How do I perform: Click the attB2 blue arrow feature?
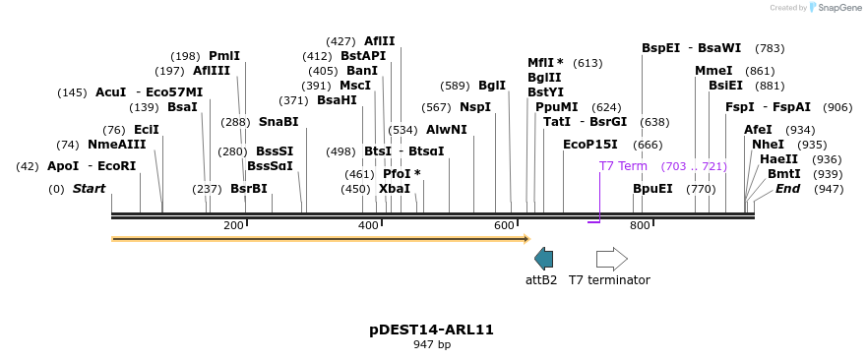(543, 259)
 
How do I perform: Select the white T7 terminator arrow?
(611, 259)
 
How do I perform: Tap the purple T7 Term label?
(623, 166)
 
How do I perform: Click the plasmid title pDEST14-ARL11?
(432, 330)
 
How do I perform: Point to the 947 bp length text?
(432, 344)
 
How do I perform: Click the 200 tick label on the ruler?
(233, 226)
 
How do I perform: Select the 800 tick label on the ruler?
(640, 226)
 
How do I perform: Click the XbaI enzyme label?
(394, 189)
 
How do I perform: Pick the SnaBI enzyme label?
(278, 122)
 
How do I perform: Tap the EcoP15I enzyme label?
(590, 145)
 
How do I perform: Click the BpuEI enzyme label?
(652, 189)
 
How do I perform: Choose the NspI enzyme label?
(475, 107)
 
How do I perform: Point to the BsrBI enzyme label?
(249, 189)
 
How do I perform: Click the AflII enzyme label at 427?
(379, 41)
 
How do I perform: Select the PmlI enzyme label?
(224, 56)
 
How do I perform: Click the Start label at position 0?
(89, 189)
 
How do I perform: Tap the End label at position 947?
(788, 189)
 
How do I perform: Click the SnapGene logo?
(833, 8)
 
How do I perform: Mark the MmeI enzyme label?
(713, 71)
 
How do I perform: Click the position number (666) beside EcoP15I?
(648, 145)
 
